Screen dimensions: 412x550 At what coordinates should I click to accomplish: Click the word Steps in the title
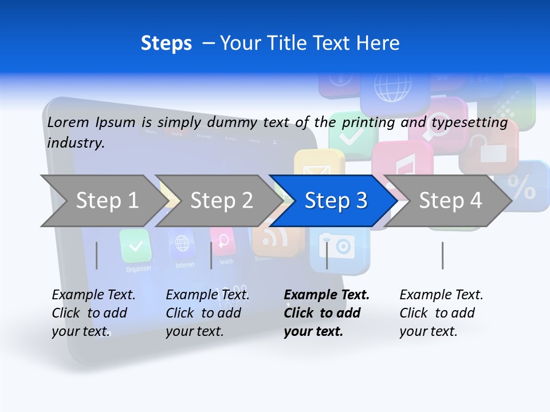[x=166, y=43]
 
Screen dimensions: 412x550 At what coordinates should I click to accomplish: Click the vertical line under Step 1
[x=97, y=255]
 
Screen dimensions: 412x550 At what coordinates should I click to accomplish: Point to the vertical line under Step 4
[x=442, y=255]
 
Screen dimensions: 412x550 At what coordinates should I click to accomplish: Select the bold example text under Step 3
[x=327, y=313]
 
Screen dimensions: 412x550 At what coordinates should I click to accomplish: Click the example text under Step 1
[x=93, y=313]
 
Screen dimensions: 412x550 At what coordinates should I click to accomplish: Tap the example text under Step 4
[x=441, y=313]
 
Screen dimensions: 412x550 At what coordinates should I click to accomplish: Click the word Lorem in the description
[x=68, y=122]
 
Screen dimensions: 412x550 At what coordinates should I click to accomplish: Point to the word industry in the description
[x=76, y=142]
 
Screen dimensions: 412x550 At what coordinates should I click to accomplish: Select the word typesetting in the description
[x=469, y=122]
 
